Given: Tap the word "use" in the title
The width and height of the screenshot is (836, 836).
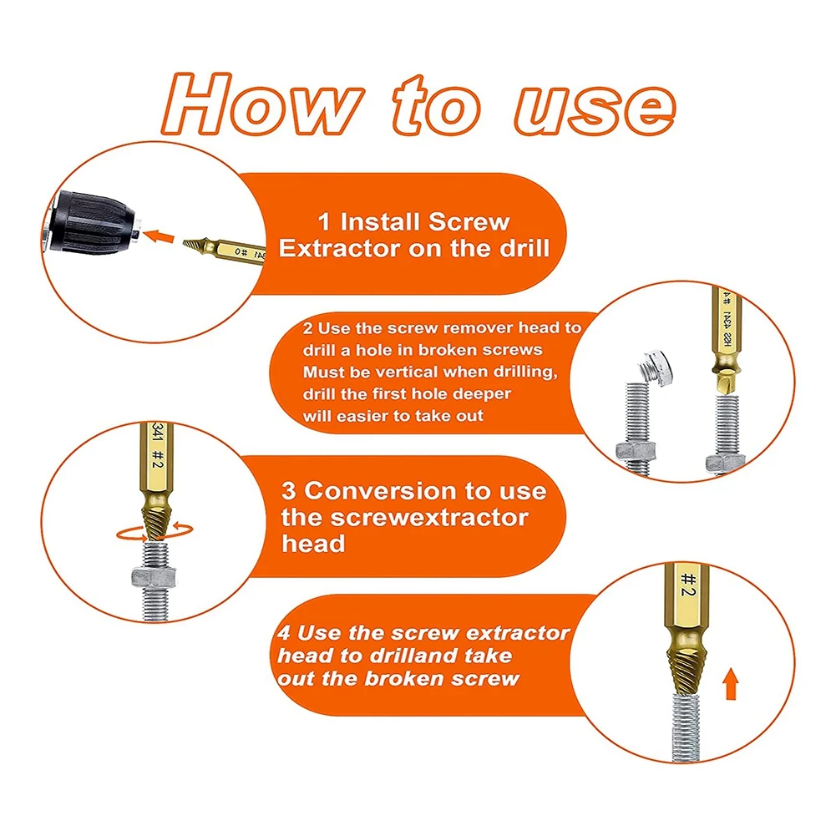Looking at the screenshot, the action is click(x=595, y=109).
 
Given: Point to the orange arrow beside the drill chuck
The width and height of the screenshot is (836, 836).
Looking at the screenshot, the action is click(x=159, y=236).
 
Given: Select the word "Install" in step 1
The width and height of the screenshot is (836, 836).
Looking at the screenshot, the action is click(x=381, y=222).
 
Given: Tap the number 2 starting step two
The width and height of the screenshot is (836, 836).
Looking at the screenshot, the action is click(x=307, y=328).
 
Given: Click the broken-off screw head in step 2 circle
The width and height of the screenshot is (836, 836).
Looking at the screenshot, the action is click(x=656, y=366).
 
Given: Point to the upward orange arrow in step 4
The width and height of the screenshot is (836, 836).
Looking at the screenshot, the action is click(x=731, y=684).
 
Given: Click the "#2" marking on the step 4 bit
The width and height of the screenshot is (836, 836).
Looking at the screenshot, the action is click(x=689, y=585).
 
